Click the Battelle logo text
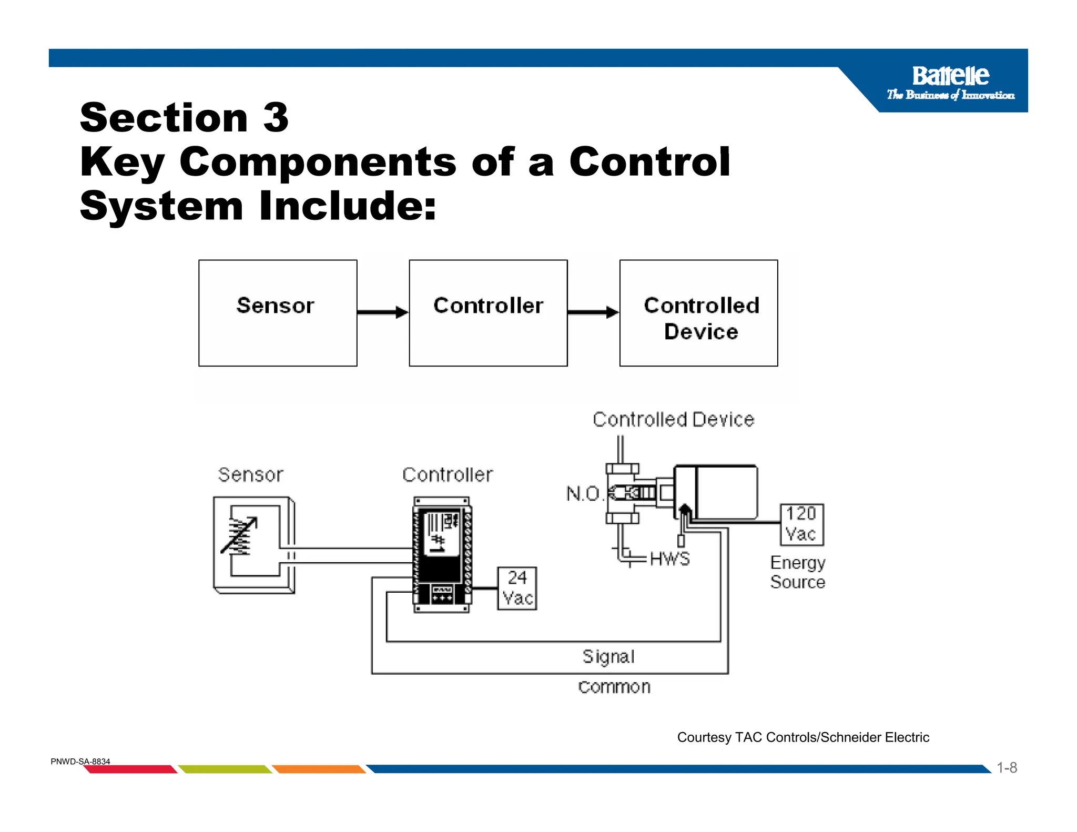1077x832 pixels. [950, 76]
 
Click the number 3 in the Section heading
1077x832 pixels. [276, 118]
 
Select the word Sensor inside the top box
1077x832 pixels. [275, 306]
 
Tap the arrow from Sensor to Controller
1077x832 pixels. [382, 312]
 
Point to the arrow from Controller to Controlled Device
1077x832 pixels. [593, 312]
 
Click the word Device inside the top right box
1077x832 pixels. [700, 332]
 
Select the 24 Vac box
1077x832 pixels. [517, 588]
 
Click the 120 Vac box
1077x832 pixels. [801, 524]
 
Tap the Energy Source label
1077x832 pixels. [797, 572]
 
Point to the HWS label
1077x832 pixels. [669, 559]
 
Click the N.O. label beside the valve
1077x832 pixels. [583, 494]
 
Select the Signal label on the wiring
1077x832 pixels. [608, 656]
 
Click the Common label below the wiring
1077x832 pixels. [614, 687]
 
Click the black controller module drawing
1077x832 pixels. [442, 555]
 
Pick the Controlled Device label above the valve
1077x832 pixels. [673, 420]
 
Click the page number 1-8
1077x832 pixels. [1007, 768]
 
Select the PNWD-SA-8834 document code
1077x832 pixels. [80, 762]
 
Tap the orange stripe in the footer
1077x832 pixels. [319, 769]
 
